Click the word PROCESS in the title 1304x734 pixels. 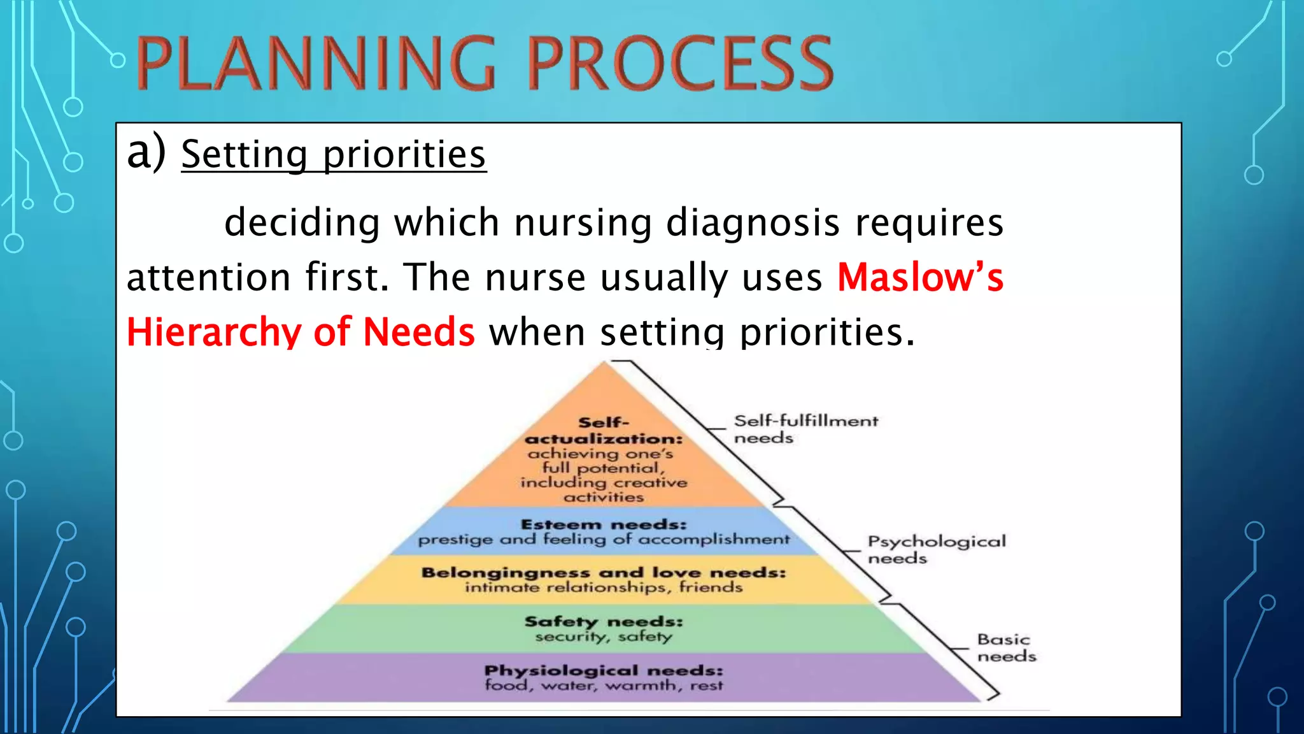pos(680,64)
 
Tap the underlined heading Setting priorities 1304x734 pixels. pos(333,155)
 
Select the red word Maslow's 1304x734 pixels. pos(919,278)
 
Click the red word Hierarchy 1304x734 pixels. pos(213,333)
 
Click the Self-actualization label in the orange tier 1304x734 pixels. pos(603,431)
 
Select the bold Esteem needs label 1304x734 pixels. pos(603,524)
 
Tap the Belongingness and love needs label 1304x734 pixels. pos(603,572)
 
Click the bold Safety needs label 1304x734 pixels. pos(603,621)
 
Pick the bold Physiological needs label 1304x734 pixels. pos(603,670)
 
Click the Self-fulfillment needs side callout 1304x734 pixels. pos(805,429)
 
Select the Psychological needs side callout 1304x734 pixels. pos(936,549)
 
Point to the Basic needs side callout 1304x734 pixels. pos(1006,647)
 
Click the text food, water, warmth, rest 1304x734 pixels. pos(603,686)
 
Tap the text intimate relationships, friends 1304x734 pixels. pos(603,587)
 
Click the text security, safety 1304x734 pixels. pos(603,636)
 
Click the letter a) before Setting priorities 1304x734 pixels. pos(146,153)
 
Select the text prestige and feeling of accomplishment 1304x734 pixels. pos(603,539)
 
